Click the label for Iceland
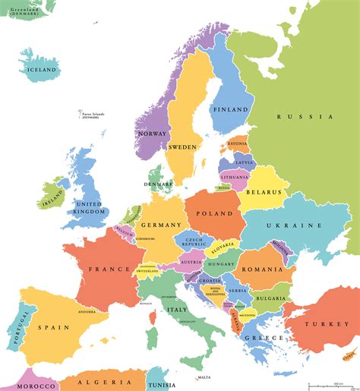pos(43,70)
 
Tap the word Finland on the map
pos(230,109)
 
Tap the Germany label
pos(161,225)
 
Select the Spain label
pos(55,327)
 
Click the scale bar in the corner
pos(324,383)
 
